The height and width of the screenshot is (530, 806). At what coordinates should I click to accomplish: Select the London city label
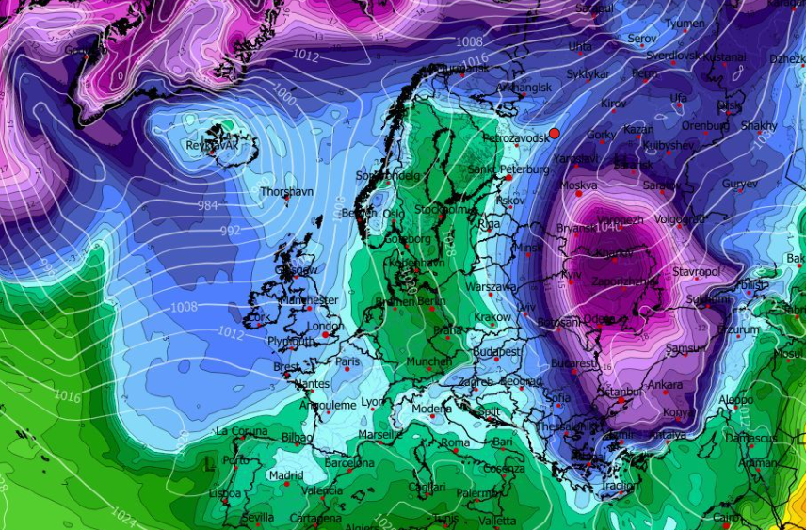pyautogui.click(x=325, y=327)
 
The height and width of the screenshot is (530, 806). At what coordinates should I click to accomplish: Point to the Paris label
pyautogui.click(x=348, y=361)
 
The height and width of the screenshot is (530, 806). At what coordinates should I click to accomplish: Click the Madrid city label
pyautogui.click(x=285, y=475)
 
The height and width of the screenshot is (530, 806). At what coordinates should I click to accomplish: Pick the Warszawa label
pyautogui.click(x=491, y=286)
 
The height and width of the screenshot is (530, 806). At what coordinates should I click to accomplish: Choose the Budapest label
pyautogui.click(x=497, y=351)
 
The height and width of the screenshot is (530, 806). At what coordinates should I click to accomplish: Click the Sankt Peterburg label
pyautogui.click(x=508, y=170)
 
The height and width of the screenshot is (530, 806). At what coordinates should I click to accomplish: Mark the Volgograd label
pyautogui.click(x=679, y=219)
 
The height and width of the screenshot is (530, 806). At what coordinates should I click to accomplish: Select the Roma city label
pyautogui.click(x=455, y=442)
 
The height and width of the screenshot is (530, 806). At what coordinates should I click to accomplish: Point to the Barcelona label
pyautogui.click(x=349, y=462)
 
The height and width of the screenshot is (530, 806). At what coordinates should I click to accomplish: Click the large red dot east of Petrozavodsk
pyautogui.click(x=554, y=134)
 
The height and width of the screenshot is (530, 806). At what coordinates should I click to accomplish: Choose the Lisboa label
pyautogui.click(x=225, y=493)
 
